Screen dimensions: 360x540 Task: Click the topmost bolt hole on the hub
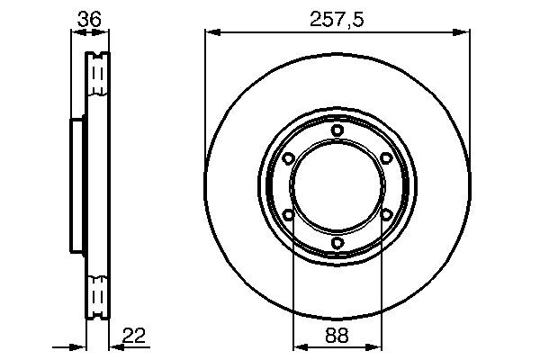point(337,130)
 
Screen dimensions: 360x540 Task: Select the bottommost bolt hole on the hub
point(337,242)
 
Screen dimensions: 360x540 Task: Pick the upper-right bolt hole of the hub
point(385,158)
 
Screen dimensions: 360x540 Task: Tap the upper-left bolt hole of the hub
point(288,158)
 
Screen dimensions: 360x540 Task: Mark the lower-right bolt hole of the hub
point(385,214)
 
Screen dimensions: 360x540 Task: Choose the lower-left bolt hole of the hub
point(288,214)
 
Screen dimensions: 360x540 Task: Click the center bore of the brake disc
point(337,186)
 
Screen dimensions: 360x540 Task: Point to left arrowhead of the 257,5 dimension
point(211,32)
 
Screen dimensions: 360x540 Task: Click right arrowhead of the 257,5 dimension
point(464,32)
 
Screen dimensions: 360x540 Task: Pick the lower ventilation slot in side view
point(97,299)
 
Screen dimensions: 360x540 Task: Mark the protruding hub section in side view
point(76,186)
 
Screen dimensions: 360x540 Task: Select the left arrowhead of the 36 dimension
point(75,32)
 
